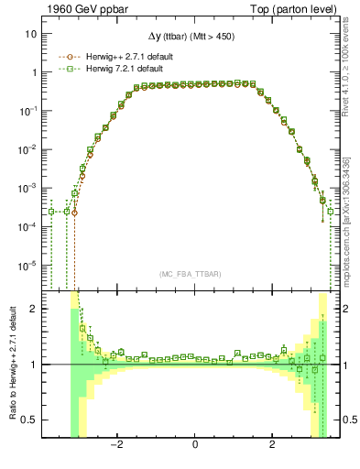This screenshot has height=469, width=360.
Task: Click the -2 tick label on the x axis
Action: click(x=116, y=444)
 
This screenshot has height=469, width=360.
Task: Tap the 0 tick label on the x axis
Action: click(x=195, y=444)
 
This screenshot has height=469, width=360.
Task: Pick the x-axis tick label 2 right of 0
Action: click(x=273, y=444)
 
